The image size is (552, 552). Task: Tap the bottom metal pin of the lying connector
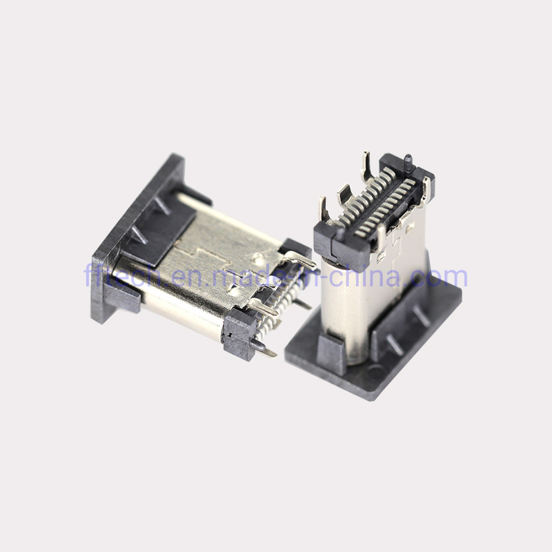coord(262,349)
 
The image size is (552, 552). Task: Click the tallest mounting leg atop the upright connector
coord(365,166)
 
